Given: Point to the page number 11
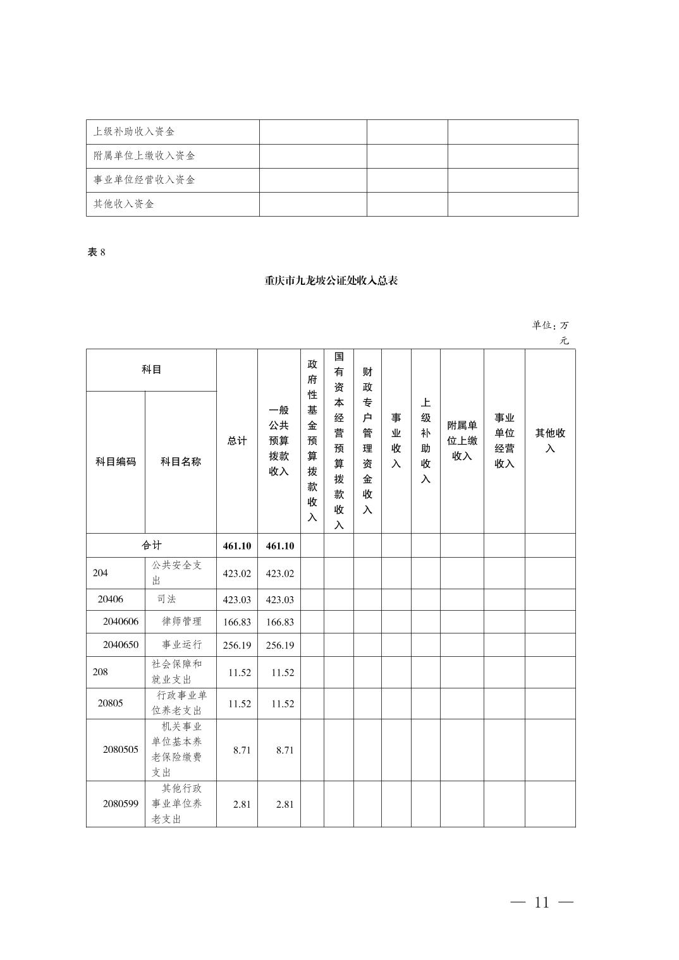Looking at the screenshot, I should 542,902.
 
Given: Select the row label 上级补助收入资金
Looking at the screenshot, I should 134,132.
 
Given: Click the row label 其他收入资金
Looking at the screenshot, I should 124,204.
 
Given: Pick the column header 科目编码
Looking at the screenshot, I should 116,462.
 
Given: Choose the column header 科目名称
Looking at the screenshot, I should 181,462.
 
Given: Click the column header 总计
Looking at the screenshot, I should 237,441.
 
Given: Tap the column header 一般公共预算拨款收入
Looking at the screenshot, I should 279,441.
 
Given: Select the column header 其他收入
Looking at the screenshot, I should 550,441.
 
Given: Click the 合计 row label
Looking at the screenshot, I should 152,545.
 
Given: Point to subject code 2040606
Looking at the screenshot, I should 121,621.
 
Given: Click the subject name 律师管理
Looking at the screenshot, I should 182,621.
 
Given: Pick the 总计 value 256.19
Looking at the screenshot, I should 237,645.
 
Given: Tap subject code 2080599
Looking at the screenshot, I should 121,804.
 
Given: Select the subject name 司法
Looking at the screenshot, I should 167,599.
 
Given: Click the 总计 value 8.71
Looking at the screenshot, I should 242,750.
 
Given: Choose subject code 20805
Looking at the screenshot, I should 111,703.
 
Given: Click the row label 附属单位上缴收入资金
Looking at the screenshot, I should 144,156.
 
